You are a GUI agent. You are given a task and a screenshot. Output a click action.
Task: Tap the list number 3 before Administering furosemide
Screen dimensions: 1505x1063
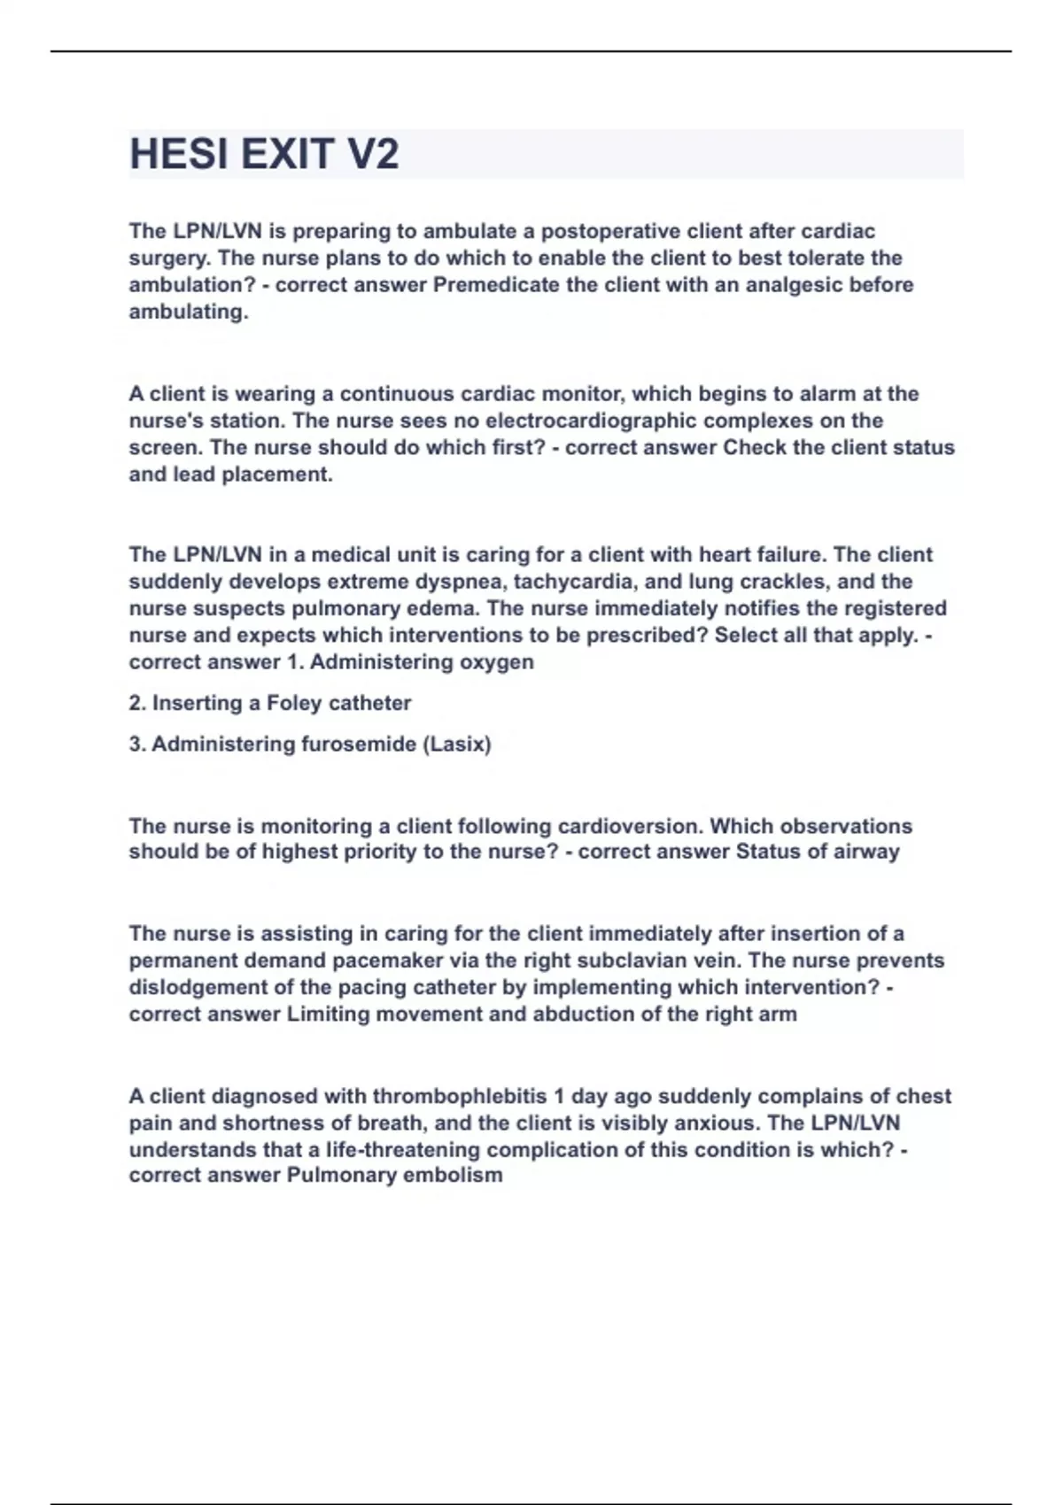click(x=136, y=744)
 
